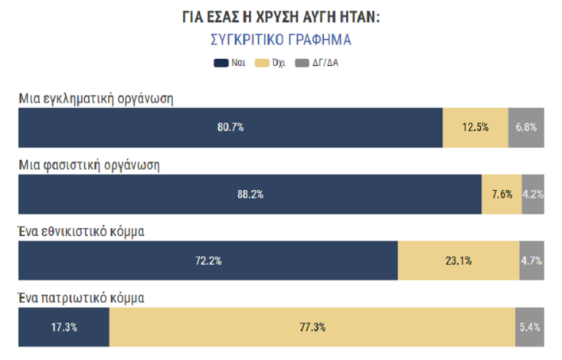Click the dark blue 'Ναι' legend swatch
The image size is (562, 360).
tap(222, 63)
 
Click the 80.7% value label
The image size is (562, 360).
tap(230, 127)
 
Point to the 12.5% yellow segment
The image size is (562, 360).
tap(475, 127)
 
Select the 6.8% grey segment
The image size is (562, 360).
tap(526, 127)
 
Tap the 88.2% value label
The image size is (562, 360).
tap(250, 195)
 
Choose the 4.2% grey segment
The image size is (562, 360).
tap(533, 195)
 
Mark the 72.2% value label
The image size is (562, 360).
tap(208, 260)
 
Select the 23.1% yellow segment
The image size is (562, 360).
tap(459, 260)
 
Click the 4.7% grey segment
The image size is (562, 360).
tap(531, 260)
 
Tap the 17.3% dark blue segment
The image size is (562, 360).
tap(64, 327)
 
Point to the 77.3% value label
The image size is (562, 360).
tap(312, 327)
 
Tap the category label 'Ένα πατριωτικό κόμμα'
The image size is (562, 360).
tap(81, 298)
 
